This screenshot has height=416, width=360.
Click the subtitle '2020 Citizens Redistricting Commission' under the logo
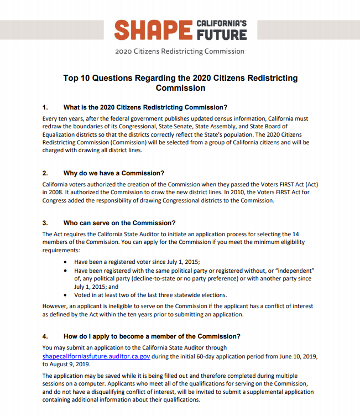(x=180, y=51)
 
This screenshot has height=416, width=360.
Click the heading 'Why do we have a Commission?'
(x=114, y=173)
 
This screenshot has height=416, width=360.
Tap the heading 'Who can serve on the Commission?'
(x=119, y=223)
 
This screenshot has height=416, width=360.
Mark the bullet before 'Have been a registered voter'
(x=66, y=262)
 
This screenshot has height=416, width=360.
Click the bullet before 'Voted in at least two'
(x=66, y=295)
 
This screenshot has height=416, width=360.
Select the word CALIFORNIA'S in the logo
(x=222, y=23)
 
